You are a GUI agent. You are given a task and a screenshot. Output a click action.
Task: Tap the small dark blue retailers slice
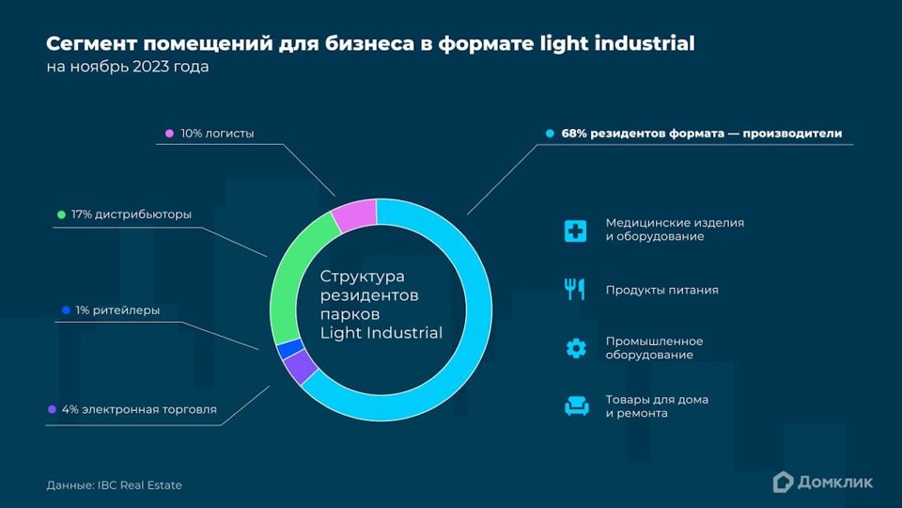tap(289, 349)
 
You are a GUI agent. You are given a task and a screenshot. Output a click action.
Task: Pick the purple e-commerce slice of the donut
tap(300, 367)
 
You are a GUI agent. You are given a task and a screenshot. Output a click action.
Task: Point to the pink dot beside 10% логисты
tap(169, 133)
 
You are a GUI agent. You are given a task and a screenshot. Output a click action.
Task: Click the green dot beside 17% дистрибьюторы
tap(62, 214)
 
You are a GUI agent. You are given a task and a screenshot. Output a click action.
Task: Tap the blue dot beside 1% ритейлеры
tap(66, 310)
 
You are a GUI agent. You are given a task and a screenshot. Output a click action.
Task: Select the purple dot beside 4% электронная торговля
tap(52, 409)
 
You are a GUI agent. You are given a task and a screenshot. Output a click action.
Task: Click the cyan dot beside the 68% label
tap(550, 133)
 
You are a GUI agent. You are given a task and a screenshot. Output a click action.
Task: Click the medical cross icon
tap(575, 230)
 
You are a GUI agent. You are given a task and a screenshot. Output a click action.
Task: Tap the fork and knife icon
tap(575, 289)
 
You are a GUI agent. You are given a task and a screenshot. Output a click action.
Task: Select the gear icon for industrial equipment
tap(576, 348)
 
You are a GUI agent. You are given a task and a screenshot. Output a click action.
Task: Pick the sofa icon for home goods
tap(576, 406)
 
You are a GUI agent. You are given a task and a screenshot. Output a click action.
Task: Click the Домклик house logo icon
tap(783, 482)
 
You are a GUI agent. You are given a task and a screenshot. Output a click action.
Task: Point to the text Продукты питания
tap(662, 290)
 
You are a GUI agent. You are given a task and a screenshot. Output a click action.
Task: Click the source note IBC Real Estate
tap(140, 485)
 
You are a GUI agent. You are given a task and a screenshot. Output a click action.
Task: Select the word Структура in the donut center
tap(363, 277)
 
